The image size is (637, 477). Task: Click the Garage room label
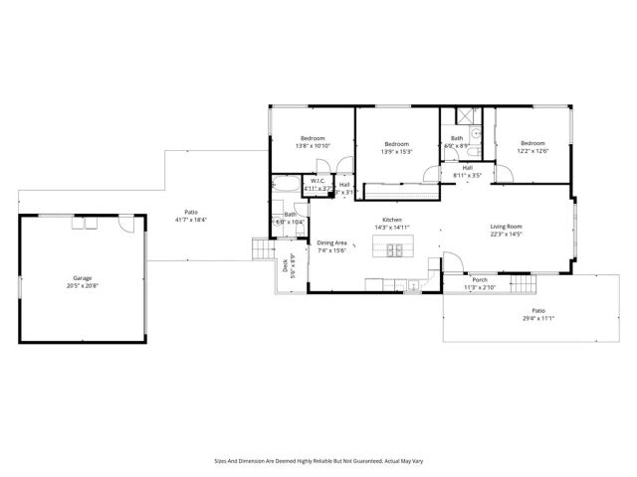pyautogui.click(x=82, y=277)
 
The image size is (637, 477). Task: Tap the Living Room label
pyautogui.click(x=506, y=227)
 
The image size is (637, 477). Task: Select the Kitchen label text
pyautogui.click(x=391, y=220)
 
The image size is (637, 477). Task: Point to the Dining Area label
pyautogui.click(x=331, y=242)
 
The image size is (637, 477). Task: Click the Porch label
pyautogui.click(x=480, y=280)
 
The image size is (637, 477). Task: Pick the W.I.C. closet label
pyautogui.click(x=318, y=181)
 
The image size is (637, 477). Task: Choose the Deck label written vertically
pyautogui.click(x=285, y=264)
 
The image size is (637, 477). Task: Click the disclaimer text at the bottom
pyautogui.click(x=318, y=460)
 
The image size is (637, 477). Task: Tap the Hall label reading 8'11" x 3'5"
pyautogui.click(x=467, y=172)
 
